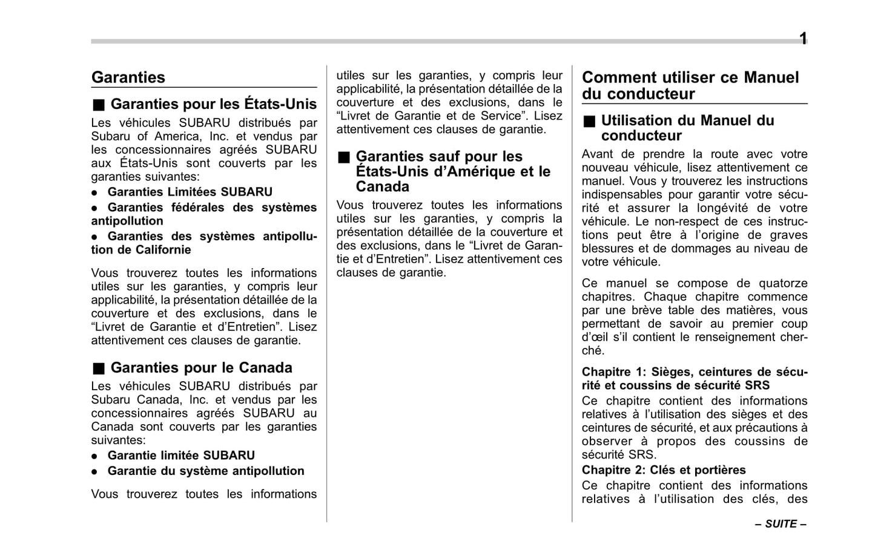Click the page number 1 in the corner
802,39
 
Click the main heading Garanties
128,77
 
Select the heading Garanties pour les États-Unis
213,104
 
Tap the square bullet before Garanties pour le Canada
99,368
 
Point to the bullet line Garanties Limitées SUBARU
190,192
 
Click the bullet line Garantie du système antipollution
205,471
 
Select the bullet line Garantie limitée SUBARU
180,455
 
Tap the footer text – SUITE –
780,524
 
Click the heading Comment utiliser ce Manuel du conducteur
690,85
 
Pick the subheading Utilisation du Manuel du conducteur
687,128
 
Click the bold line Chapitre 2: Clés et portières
663,470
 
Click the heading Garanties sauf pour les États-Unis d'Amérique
452,171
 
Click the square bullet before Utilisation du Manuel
589,121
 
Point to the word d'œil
594,337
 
